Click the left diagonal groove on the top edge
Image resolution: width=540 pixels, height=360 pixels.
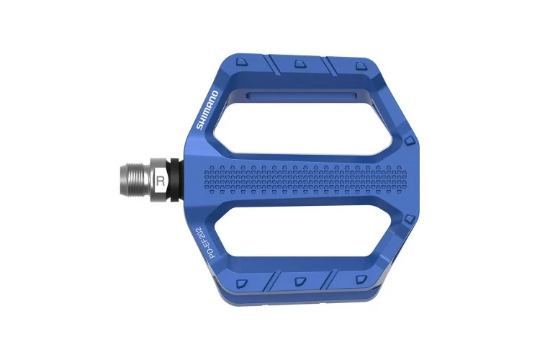[x=274, y=64]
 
